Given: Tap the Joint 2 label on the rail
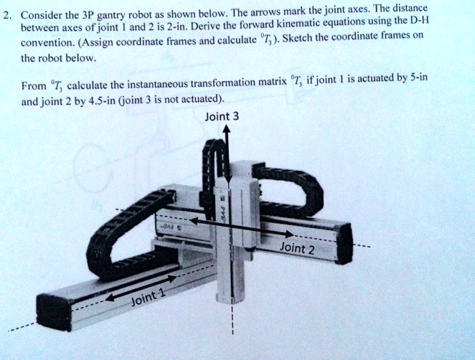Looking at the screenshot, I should (x=297, y=249).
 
